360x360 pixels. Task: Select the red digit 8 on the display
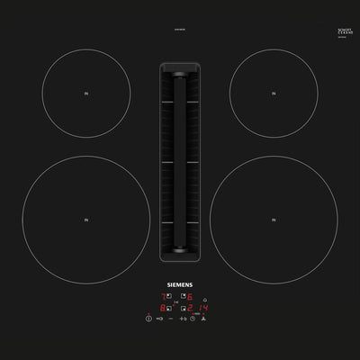163,308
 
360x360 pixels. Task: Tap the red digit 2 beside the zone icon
190,308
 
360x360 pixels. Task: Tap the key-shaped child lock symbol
159,319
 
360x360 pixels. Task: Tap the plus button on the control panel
182,319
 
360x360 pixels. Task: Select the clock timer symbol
193,319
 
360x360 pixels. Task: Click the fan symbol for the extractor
204,319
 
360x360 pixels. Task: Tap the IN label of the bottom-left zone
86,219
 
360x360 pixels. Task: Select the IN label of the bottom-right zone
274,219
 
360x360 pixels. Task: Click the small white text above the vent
180,36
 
